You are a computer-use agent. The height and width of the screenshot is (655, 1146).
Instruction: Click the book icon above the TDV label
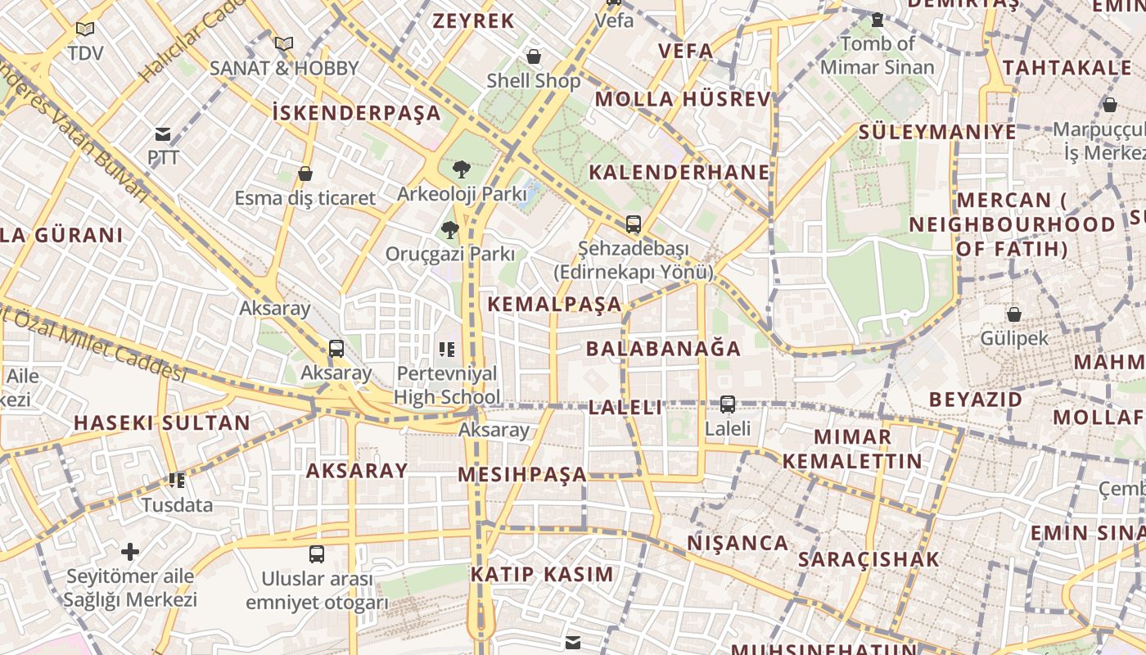click(x=85, y=29)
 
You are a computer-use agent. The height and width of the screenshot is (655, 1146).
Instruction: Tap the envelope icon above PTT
click(x=163, y=134)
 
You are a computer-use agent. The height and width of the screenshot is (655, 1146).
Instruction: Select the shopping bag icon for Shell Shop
click(x=534, y=56)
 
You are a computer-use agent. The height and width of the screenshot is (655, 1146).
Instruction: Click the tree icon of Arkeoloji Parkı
click(x=461, y=170)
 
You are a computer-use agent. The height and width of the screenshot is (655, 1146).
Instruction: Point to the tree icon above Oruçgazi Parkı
click(x=449, y=230)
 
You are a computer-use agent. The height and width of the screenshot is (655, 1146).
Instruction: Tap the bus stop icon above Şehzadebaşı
click(x=633, y=224)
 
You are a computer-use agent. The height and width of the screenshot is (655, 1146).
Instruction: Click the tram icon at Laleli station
click(x=727, y=404)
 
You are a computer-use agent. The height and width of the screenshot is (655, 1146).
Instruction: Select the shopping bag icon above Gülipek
click(x=1013, y=314)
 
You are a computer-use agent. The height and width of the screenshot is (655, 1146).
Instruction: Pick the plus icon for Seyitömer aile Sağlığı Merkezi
click(x=130, y=551)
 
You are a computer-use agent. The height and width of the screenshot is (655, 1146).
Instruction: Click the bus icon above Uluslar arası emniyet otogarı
click(x=317, y=554)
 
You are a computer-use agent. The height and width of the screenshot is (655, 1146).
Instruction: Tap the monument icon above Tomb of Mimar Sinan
click(x=878, y=20)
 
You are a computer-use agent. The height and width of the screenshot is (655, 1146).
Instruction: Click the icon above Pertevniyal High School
click(x=446, y=350)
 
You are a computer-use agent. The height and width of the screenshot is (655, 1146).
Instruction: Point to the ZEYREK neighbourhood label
click(x=473, y=21)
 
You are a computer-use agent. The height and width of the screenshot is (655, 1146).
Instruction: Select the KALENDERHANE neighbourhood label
click(x=679, y=173)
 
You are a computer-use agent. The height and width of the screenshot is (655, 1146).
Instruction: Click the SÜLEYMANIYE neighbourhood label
click(x=937, y=132)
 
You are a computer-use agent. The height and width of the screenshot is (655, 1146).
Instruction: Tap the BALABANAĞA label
click(x=663, y=349)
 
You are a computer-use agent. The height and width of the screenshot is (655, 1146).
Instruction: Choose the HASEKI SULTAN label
click(x=162, y=423)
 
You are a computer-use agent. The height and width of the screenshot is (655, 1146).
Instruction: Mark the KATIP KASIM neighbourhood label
click(x=542, y=574)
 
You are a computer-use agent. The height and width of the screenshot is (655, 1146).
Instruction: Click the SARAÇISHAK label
click(x=869, y=560)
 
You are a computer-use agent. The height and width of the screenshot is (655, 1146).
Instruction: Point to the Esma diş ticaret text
click(x=305, y=198)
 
